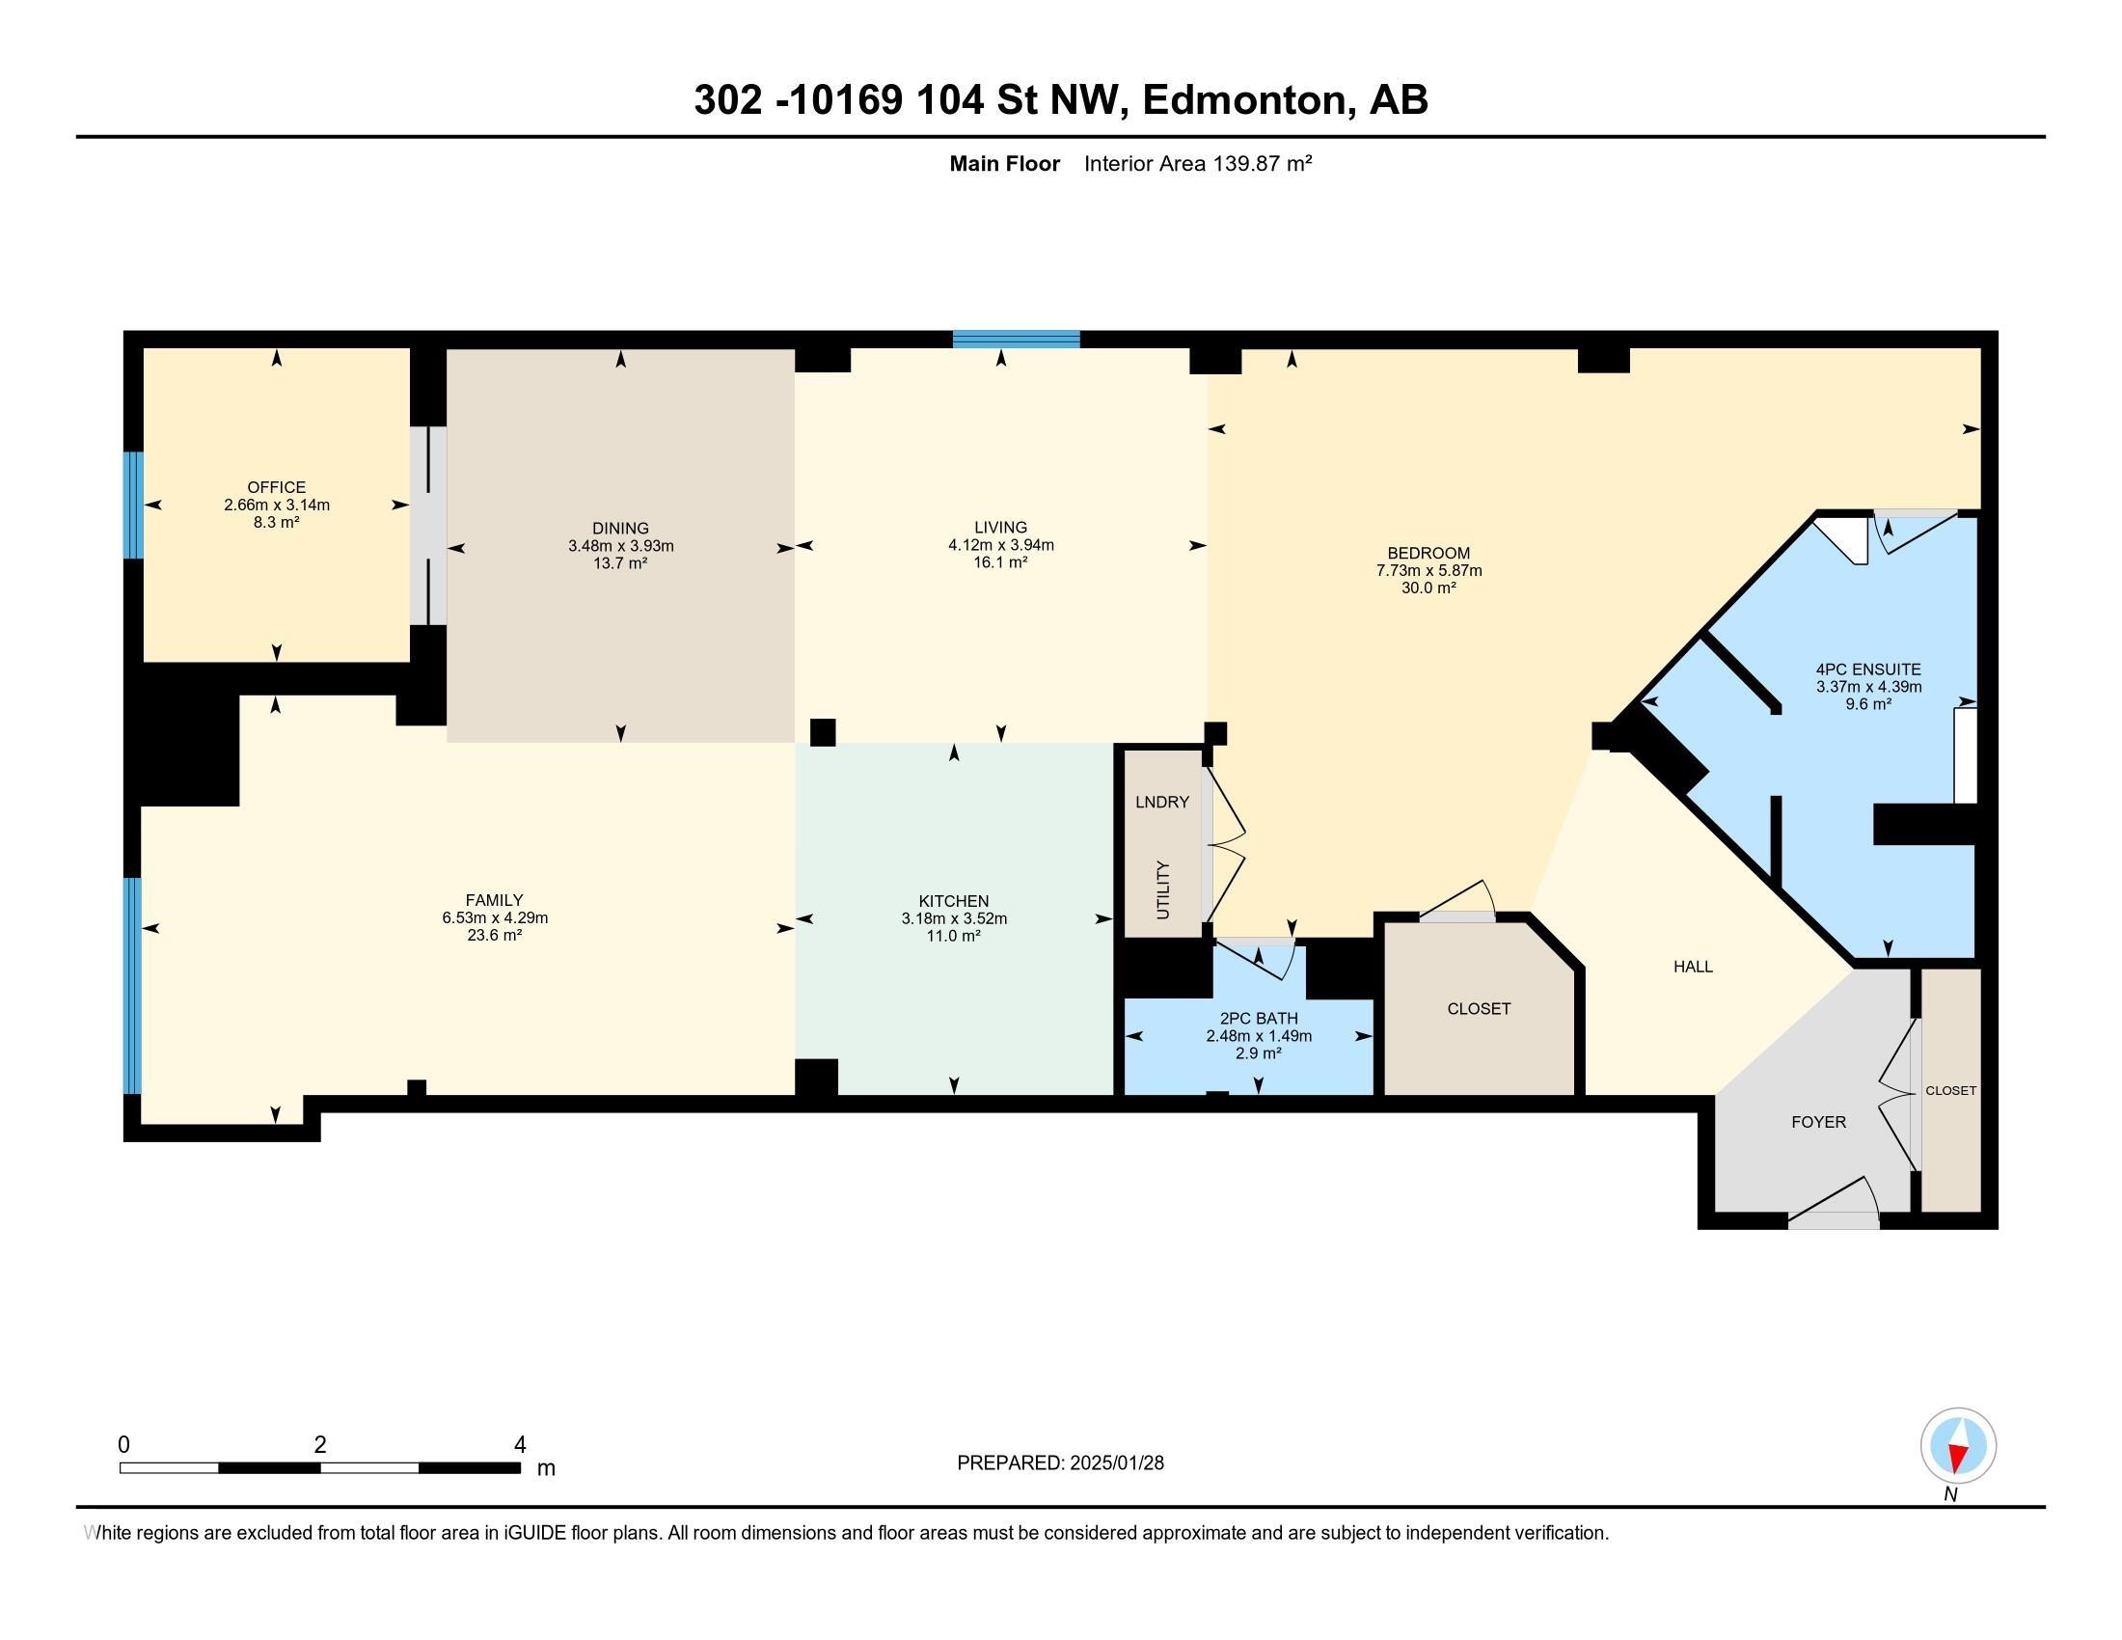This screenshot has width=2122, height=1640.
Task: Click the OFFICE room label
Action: coord(276,487)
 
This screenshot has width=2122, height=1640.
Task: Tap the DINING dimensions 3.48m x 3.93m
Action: coord(621,546)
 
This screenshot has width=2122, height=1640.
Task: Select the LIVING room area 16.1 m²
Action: coord(1001,562)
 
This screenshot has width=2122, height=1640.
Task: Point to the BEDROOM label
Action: coord(1428,553)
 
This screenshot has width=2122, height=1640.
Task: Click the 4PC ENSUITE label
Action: coord(1868,670)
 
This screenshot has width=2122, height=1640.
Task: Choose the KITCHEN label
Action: coord(953,901)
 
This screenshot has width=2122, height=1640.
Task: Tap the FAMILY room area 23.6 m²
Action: coord(495,936)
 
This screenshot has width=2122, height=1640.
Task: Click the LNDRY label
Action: coord(1162,802)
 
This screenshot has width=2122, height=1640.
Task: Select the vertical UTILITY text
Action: coord(1163,889)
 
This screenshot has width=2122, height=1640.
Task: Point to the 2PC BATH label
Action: coord(1258,1018)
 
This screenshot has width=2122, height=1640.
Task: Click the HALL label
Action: coord(1693,967)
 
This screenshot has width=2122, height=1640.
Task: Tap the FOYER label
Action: coord(1818,1122)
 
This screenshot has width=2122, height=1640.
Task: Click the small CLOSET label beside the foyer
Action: coord(1950,1090)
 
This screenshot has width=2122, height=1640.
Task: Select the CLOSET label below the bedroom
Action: coord(1479,1008)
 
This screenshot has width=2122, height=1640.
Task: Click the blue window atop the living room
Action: coord(1016,339)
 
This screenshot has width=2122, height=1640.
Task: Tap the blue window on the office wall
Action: coord(133,505)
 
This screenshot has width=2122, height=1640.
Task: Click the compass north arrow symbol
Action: coord(1958,1447)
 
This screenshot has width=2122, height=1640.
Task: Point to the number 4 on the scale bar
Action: coord(520,1445)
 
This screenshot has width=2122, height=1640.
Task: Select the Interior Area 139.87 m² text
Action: coord(1197,163)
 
